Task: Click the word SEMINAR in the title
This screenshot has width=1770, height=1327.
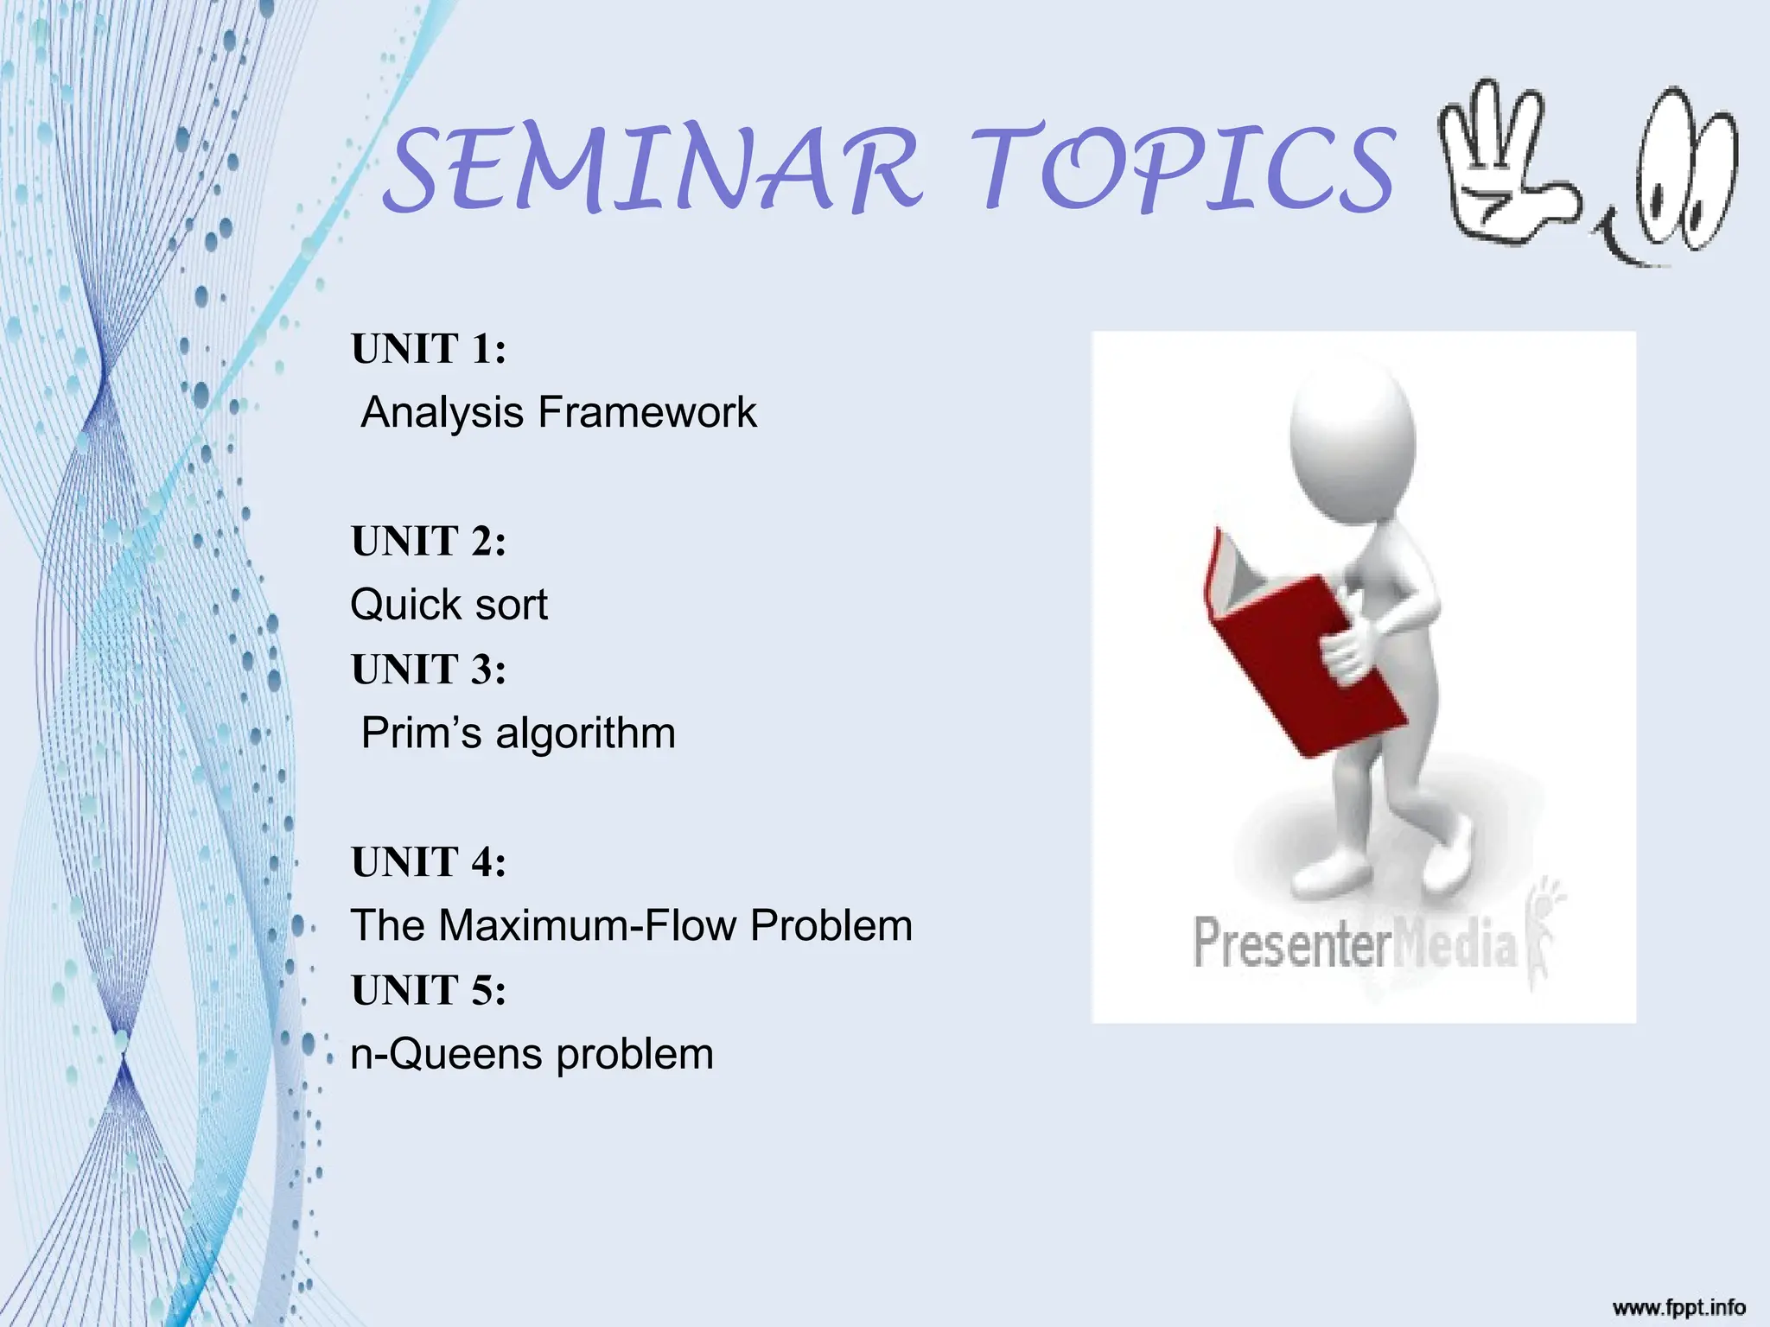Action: [653, 170]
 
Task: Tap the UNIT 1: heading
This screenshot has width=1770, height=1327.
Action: [428, 349]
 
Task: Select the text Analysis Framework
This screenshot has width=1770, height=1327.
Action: [558, 412]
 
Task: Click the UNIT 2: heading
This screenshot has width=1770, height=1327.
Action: [428, 542]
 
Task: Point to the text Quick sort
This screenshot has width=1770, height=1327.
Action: [449, 605]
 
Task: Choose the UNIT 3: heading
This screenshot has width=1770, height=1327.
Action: [428, 670]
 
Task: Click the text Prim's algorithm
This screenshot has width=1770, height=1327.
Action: [518, 733]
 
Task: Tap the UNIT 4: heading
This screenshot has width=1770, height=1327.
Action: [428, 862]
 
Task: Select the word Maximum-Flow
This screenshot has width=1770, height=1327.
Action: [588, 925]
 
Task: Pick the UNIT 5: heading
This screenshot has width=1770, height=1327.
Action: [428, 990]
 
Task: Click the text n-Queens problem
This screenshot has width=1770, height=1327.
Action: [532, 1054]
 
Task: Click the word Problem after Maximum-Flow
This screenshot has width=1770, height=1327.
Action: [831, 925]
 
